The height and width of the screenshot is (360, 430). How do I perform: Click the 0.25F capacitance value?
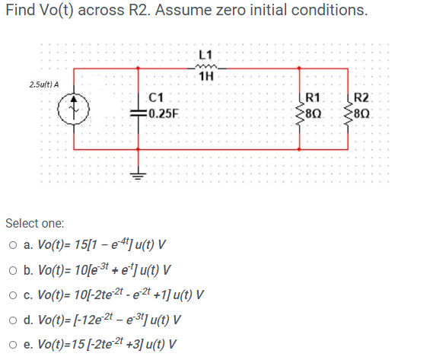click(x=163, y=114)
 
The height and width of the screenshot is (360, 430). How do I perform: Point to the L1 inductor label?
click(x=204, y=54)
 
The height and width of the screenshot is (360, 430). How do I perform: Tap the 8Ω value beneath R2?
click(x=367, y=114)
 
